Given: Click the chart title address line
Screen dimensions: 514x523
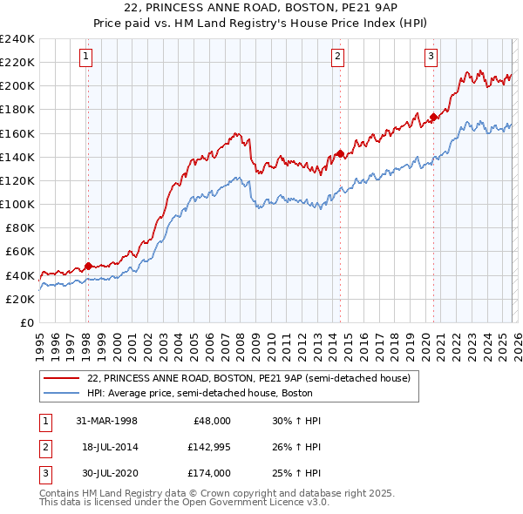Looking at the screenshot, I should click(261, 9).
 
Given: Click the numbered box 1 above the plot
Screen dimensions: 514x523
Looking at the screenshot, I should click(87, 57).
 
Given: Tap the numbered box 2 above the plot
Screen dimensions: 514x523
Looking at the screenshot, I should click(337, 57).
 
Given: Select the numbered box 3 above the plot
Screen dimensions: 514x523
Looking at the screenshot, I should click(431, 57).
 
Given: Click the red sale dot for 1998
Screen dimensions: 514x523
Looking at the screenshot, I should click(88, 266).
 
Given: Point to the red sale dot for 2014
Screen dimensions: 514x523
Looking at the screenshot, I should click(340, 153).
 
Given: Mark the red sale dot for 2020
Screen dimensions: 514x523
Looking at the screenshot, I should click(433, 117).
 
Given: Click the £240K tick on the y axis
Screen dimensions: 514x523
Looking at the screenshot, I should click(17, 39).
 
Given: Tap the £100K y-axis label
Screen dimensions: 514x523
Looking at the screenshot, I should click(17, 204).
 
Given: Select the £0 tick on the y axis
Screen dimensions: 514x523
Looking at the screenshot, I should click(27, 322).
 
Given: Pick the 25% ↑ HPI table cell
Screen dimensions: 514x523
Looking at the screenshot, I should click(297, 473).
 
